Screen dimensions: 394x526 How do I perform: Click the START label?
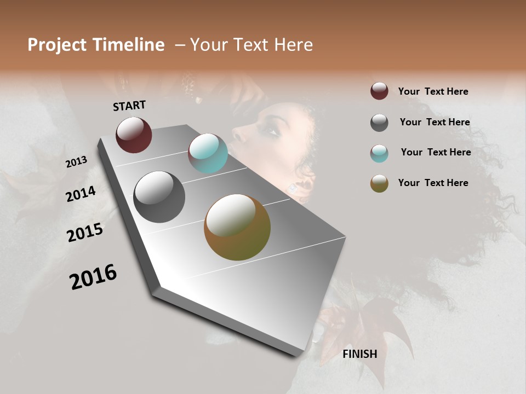click(129, 106)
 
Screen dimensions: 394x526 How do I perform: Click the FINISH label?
click(359, 354)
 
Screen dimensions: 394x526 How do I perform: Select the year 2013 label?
click(77, 162)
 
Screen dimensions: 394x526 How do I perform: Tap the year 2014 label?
click(81, 194)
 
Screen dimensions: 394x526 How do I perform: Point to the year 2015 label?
click(85, 233)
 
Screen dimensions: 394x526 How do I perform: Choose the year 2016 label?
click(93, 277)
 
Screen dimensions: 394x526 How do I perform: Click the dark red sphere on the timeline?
click(134, 135)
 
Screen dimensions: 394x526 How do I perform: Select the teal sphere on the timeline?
click(208, 153)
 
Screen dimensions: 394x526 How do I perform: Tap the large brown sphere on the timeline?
click(237, 227)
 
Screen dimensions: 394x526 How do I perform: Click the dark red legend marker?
click(379, 91)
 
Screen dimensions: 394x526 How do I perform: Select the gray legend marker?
click(379, 123)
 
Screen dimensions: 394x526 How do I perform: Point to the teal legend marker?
click(379, 153)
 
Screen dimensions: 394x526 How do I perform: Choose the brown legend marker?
click(379, 183)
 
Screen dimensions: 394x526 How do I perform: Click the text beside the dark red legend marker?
click(433, 91)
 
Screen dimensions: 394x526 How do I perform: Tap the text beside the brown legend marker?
click(433, 183)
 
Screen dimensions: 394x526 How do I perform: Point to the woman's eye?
click(272, 130)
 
